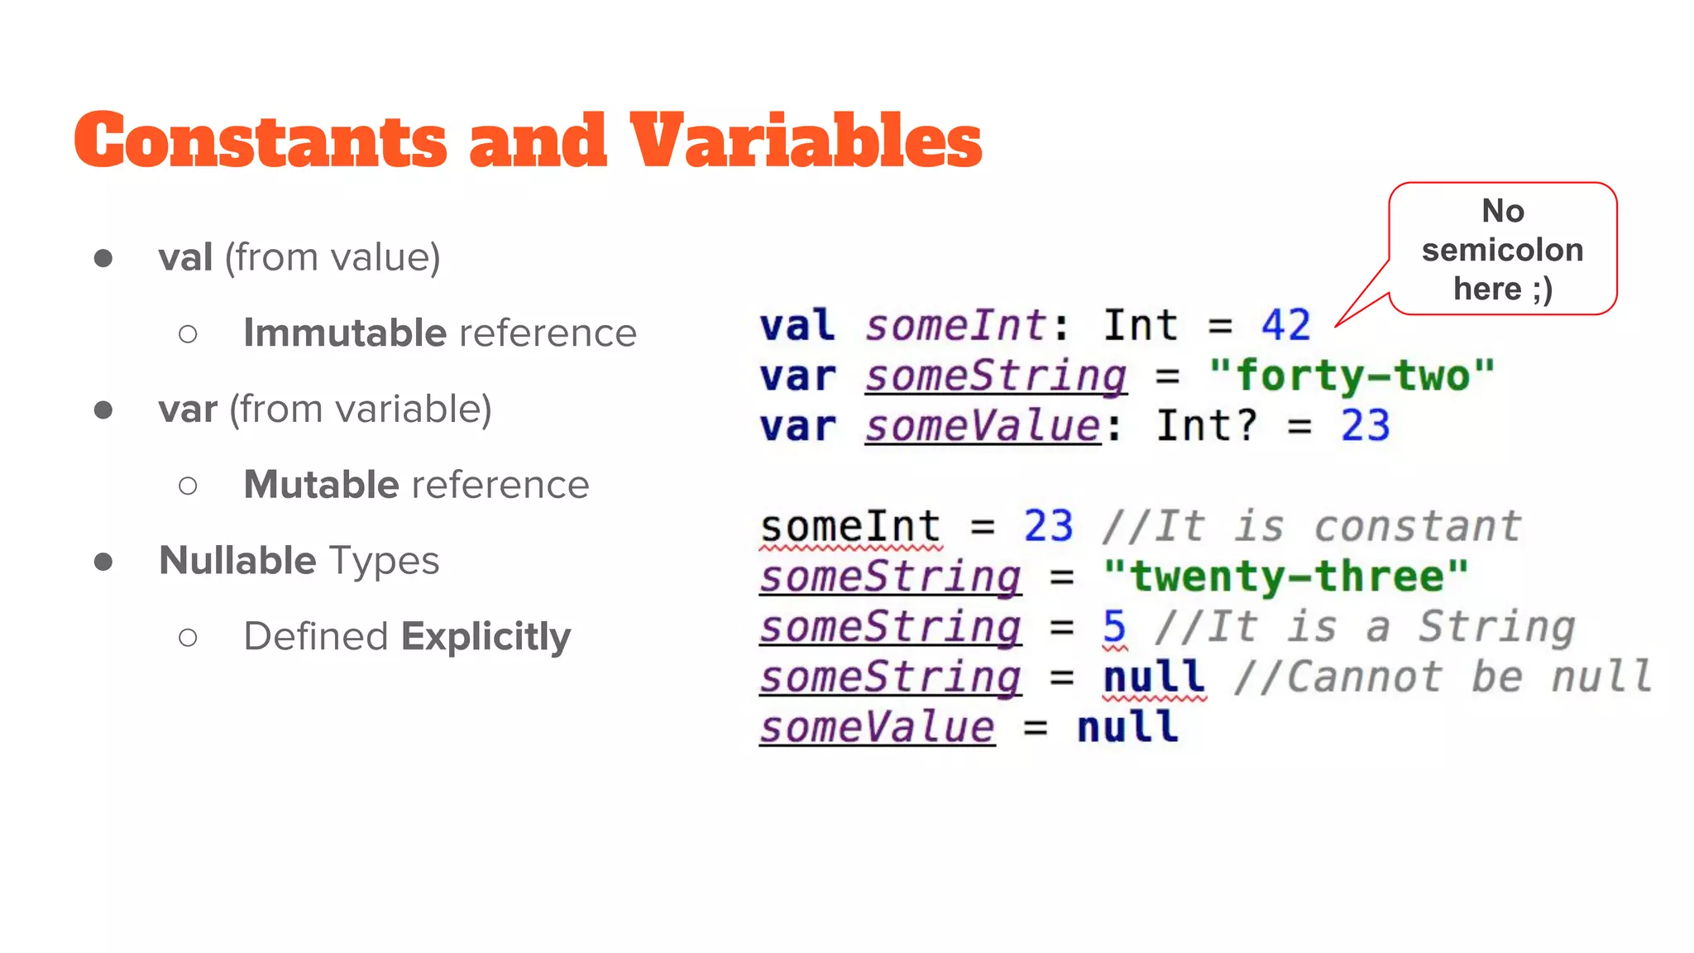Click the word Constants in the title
click(x=261, y=141)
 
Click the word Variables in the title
click(x=806, y=141)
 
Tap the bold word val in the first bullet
click(x=186, y=257)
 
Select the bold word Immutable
click(x=345, y=333)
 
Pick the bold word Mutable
click(x=321, y=485)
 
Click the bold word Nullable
click(x=237, y=561)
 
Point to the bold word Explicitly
click(x=486, y=637)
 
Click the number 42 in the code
click(x=1285, y=325)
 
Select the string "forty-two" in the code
click(x=1352, y=376)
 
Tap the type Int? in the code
click(x=1206, y=426)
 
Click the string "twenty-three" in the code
click(x=1285, y=577)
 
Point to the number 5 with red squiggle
click(x=1114, y=627)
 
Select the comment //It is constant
click(x=1312, y=527)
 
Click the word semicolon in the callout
click(x=1502, y=250)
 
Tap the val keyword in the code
click(x=797, y=325)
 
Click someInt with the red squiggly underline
click(x=850, y=527)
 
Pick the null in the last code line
click(x=1127, y=728)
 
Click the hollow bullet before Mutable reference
click(x=188, y=486)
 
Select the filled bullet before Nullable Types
click(x=103, y=562)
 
